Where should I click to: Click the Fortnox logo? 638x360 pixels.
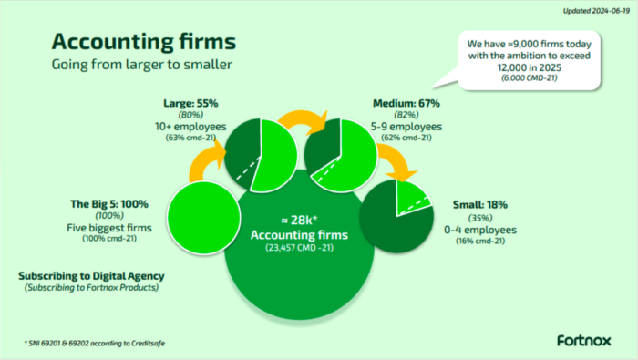click(x=584, y=341)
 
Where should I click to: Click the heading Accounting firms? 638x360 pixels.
click(x=144, y=42)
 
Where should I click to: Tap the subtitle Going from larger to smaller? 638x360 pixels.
click(x=142, y=65)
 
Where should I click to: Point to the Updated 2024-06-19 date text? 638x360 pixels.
click(x=596, y=11)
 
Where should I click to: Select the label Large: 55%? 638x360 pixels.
click(x=190, y=103)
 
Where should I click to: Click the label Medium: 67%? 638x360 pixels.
click(x=406, y=103)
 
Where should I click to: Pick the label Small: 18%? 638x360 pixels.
click(x=480, y=205)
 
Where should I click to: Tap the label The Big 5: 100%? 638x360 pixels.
click(x=109, y=204)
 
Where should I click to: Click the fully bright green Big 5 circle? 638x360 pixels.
click(x=204, y=218)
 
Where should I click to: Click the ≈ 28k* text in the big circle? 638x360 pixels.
click(x=299, y=220)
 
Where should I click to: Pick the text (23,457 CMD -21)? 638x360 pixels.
click(x=299, y=247)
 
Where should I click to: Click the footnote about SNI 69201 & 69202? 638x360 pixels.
click(x=95, y=344)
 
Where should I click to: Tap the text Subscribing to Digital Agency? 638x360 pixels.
click(x=91, y=276)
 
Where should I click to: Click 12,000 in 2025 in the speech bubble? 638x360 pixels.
click(x=529, y=67)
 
